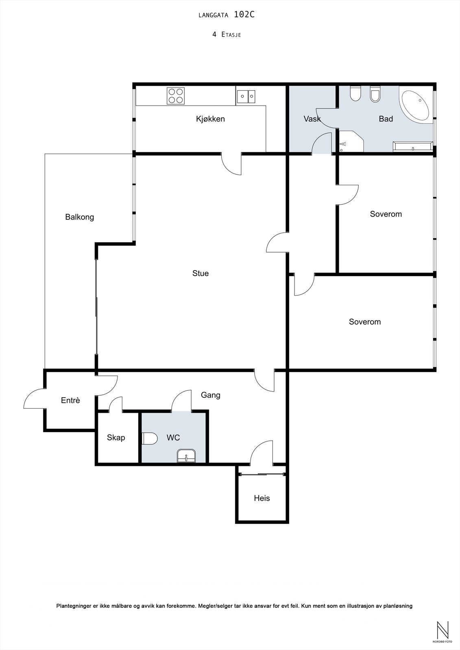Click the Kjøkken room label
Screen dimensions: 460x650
[210, 119]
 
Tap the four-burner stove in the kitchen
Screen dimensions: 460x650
[176, 96]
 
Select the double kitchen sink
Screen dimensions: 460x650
[246, 97]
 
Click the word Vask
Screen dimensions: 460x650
[312, 119]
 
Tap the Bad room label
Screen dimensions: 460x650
[386, 119]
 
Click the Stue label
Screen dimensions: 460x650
[201, 273]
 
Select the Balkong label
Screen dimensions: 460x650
[80, 217]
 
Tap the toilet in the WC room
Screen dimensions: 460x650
[150, 438]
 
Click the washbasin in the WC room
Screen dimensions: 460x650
[186, 455]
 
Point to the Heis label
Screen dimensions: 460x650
[262, 498]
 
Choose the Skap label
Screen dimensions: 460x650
[116, 438]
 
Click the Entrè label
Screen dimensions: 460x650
[70, 401]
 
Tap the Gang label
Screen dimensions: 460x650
[211, 395]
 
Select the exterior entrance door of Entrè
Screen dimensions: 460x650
[34, 399]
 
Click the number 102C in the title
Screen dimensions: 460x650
[244, 15]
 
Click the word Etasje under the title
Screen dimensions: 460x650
[231, 35]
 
